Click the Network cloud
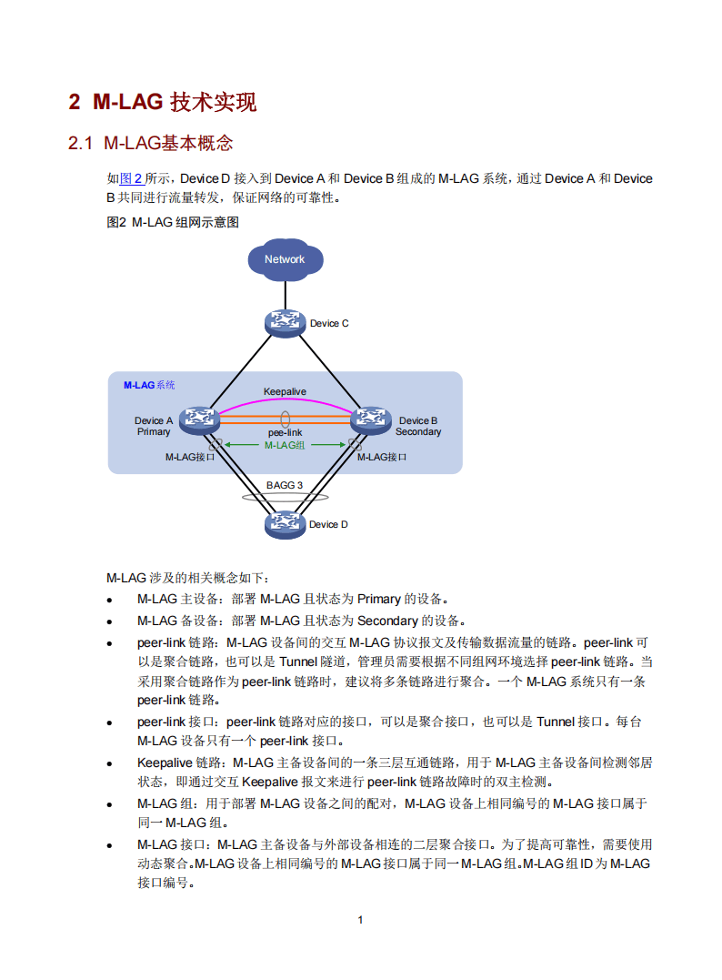click(285, 259)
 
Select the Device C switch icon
click(285, 323)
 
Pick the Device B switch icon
click(371, 419)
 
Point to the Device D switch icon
click(285, 523)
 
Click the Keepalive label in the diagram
click(285, 391)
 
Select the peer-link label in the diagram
click(285, 433)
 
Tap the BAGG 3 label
click(285, 485)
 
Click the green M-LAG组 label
click(285, 445)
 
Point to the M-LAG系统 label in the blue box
click(149, 385)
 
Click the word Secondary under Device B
click(418, 431)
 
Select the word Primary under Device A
click(154, 431)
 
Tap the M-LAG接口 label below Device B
click(382, 457)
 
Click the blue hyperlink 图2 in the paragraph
click(131, 178)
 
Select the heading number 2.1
click(81, 143)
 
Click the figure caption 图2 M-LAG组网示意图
click(173, 221)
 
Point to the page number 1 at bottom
click(360, 919)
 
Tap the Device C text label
click(329, 323)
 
